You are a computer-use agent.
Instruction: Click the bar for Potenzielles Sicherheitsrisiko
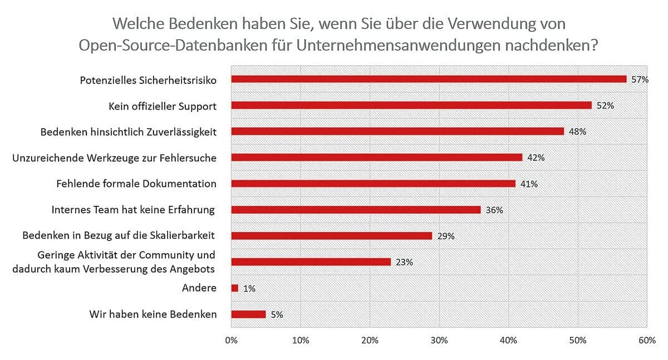coord(429,79)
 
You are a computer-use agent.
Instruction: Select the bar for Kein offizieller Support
coord(411,105)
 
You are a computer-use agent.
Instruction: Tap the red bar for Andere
coord(235,288)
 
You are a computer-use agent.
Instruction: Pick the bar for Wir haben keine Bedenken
coord(248,314)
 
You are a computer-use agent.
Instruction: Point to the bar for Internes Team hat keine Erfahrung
coord(356,210)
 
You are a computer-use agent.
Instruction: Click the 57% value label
coord(640,80)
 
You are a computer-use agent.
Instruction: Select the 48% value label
coord(578,132)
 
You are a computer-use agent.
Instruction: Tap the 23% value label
coord(404,262)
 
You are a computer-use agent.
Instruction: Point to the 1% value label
coord(249,288)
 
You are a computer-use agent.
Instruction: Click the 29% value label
coord(446,236)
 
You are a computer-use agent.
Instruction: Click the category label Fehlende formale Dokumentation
coord(136,184)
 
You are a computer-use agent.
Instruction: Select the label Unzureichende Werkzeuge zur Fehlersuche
coord(114,157)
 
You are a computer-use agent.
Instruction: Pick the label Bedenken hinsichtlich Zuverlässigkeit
coord(129,132)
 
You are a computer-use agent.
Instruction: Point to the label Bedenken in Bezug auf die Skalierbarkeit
coord(119,236)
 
